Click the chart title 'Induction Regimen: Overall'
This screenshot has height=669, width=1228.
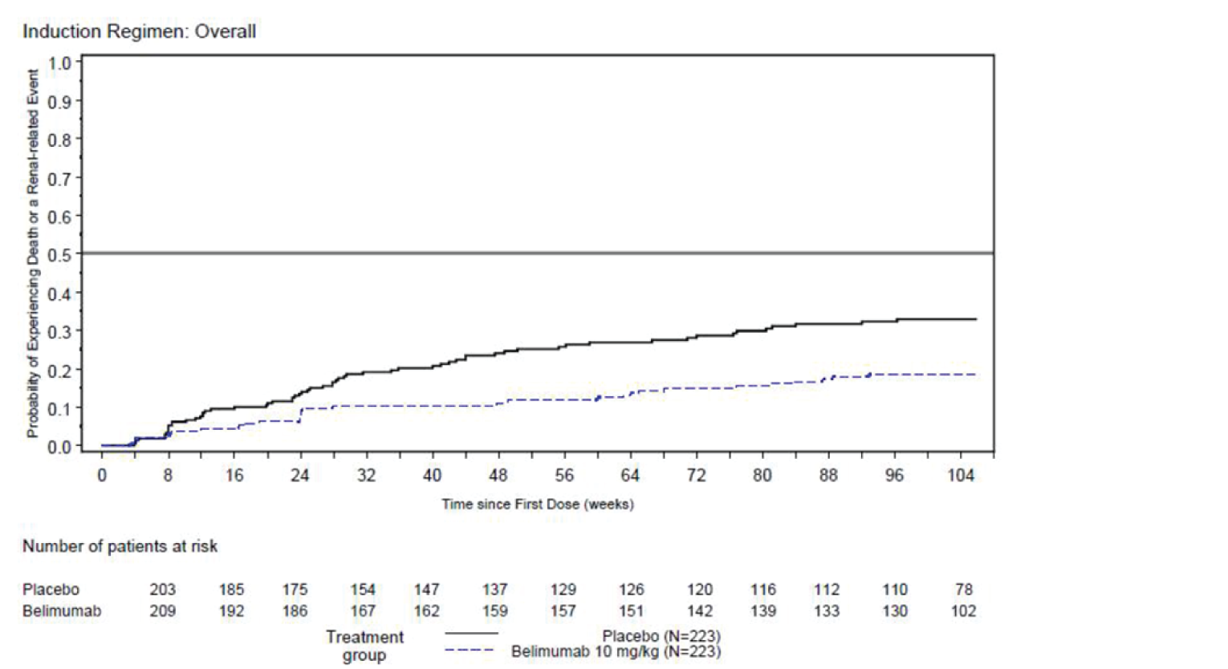140,31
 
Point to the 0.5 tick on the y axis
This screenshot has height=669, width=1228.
59,254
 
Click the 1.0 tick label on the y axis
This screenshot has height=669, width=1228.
59,63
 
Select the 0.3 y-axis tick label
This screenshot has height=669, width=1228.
59,331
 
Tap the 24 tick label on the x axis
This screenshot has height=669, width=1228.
299,476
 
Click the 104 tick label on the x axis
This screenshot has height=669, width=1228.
960,476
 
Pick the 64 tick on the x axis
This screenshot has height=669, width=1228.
630,476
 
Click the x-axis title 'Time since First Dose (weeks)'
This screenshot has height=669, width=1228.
537,505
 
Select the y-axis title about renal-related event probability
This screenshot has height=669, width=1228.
32,253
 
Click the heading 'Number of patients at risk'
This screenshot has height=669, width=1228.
120,546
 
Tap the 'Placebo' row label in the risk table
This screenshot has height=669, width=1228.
51,590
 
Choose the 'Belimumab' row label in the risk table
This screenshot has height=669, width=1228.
62,611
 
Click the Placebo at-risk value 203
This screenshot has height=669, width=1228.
162,590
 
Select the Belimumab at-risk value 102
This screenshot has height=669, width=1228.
963,611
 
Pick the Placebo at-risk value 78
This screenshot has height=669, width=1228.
964,590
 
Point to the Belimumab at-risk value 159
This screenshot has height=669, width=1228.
494,611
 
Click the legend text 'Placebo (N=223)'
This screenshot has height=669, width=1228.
661,637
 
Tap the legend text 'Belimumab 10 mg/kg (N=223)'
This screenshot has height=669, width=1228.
616,651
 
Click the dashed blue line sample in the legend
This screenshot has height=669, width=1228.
471,650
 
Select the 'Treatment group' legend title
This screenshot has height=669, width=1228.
364,646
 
